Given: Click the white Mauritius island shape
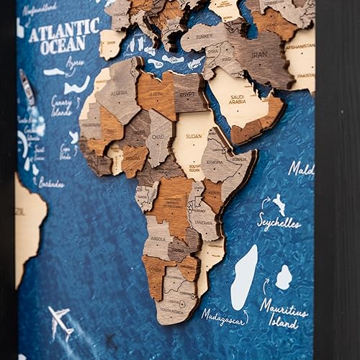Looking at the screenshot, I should pyautogui.click(x=284, y=277).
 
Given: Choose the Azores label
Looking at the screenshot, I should pyautogui.click(x=74, y=63).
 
